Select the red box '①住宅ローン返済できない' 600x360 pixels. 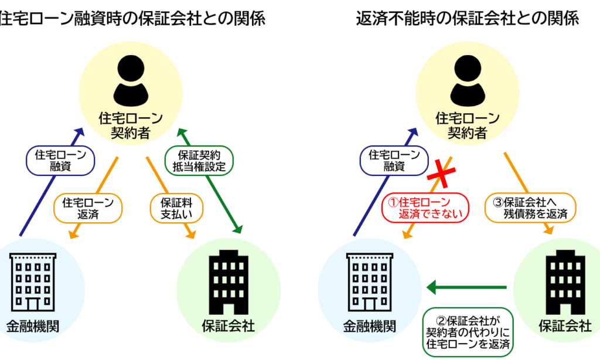click(x=425, y=207)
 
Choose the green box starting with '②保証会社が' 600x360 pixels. click(x=468, y=332)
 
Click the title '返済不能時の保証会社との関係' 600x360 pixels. click(x=468, y=19)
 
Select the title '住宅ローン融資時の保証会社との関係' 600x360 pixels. click(x=132, y=19)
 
